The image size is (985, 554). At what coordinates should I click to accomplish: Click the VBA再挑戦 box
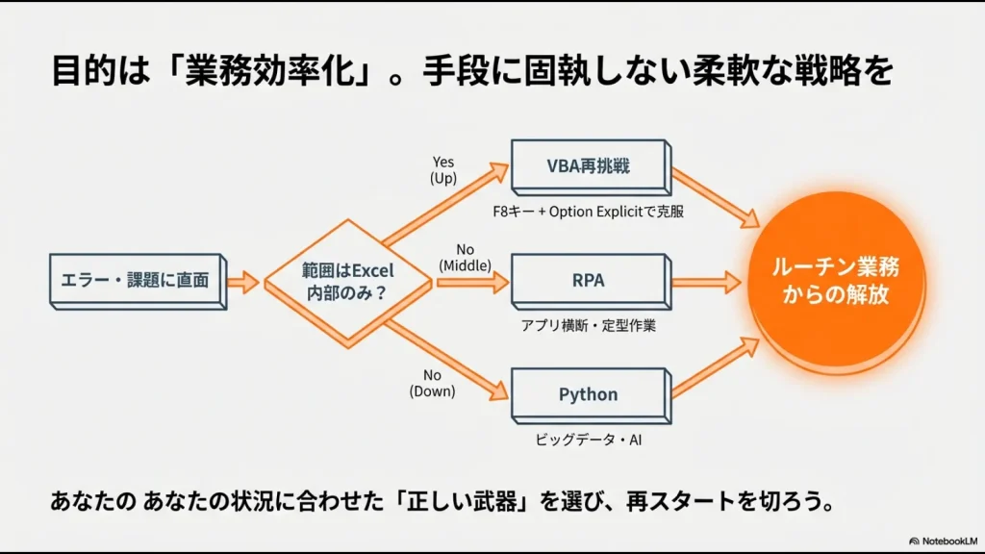pos(588,164)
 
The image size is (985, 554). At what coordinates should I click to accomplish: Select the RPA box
pos(588,281)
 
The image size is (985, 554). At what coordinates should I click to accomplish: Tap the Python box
pos(588,394)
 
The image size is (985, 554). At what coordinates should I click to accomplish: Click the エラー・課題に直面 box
pos(136,280)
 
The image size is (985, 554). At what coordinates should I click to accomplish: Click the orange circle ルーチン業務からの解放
pos(835,280)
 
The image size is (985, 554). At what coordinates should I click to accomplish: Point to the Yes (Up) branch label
pos(442,170)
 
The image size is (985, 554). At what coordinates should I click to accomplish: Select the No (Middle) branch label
pos(465,257)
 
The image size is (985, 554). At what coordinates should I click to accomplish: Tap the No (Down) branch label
pos(432,383)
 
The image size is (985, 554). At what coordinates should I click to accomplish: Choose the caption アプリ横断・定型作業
pos(589,326)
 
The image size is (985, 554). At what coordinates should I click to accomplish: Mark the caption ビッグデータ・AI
pos(588,440)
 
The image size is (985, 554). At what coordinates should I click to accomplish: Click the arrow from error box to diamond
pos(243,282)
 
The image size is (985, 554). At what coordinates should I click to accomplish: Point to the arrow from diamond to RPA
pos(471,283)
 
